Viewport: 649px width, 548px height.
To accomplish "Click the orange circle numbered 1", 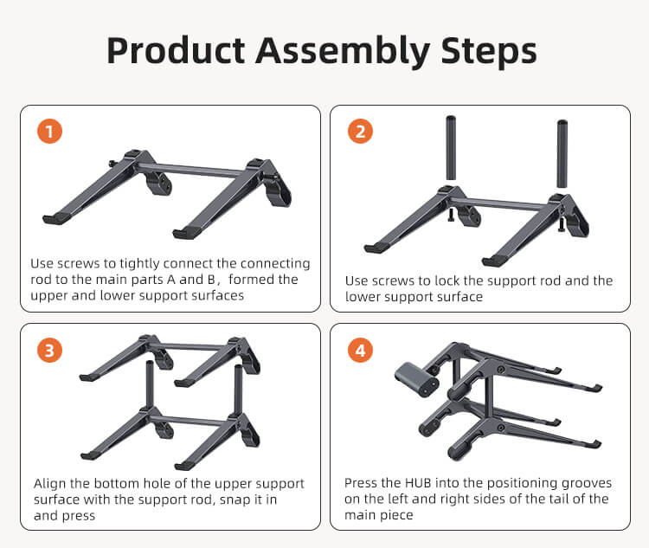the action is point(49,132).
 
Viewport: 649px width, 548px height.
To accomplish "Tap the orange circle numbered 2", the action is point(360,132).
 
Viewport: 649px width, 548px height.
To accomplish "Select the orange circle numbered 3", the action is point(49,351).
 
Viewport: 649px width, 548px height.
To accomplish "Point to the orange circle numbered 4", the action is point(360,351).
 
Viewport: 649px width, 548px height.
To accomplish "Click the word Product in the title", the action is point(176,51).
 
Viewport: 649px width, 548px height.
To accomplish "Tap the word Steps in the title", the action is point(489,52).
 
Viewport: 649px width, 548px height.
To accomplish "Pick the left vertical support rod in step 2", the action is point(451,148).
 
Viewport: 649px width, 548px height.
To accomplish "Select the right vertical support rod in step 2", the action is point(562,154).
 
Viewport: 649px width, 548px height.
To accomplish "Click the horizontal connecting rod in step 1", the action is point(191,170).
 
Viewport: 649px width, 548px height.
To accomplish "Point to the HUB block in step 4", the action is point(416,379).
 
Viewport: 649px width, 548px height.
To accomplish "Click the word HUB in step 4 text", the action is point(418,483).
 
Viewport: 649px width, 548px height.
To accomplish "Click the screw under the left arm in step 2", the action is point(451,215).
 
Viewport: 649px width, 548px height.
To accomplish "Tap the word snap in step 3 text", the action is point(235,500).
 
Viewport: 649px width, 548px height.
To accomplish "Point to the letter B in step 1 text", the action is point(211,280).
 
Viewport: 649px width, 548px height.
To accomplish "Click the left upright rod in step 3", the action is point(150,384).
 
